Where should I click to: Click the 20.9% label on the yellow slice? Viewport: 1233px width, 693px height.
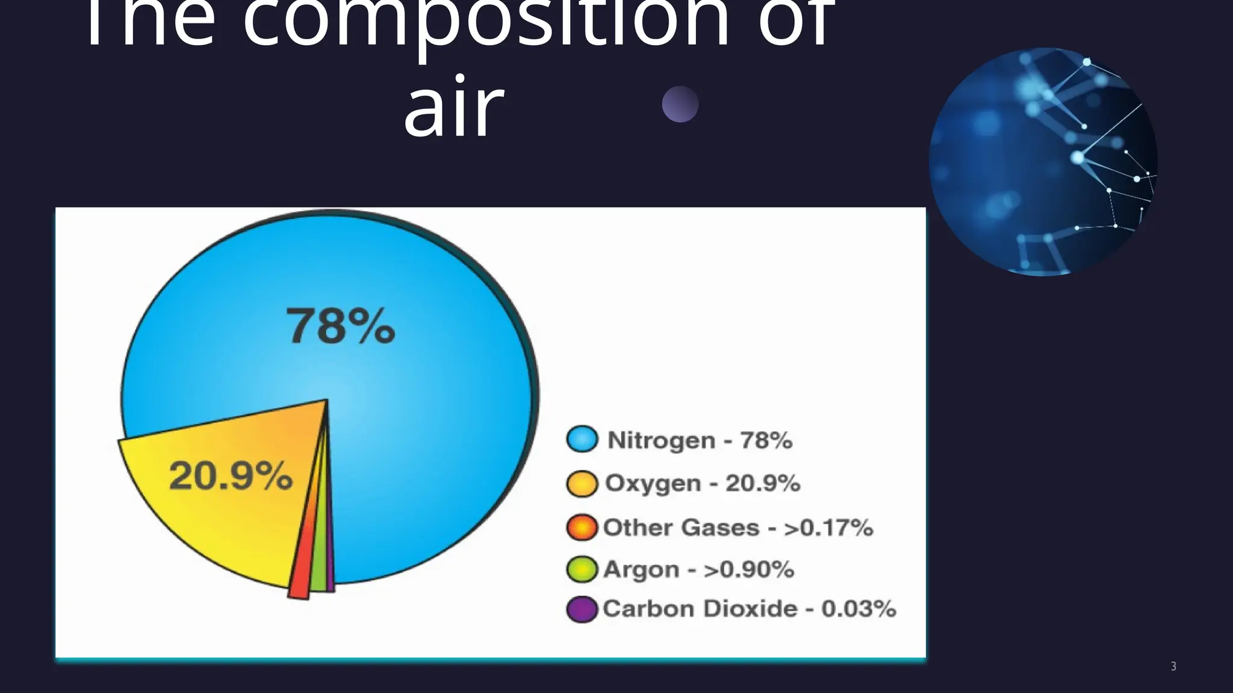[231, 476]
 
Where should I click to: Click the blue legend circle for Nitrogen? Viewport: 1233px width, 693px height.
[582, 439]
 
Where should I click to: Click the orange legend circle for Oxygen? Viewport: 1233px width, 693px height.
[582, 483]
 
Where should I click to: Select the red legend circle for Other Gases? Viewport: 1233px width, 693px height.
[582, 528]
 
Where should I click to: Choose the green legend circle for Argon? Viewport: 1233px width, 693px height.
[582, 569]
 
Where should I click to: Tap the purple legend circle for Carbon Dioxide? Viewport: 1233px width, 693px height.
[582, 609]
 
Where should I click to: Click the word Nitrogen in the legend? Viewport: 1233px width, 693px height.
[661, 440]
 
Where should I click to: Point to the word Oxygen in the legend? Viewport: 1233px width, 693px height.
[653, 484]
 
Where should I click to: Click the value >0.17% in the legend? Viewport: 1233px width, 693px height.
[828, 528]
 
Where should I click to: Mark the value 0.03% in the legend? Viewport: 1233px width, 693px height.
[859, 609]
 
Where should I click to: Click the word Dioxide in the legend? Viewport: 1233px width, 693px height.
[750, 609]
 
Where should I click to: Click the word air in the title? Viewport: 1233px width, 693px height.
[453, 108]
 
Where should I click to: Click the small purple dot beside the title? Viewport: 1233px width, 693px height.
[680, 104]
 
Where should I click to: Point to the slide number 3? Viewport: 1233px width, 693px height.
[1173, 666]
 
